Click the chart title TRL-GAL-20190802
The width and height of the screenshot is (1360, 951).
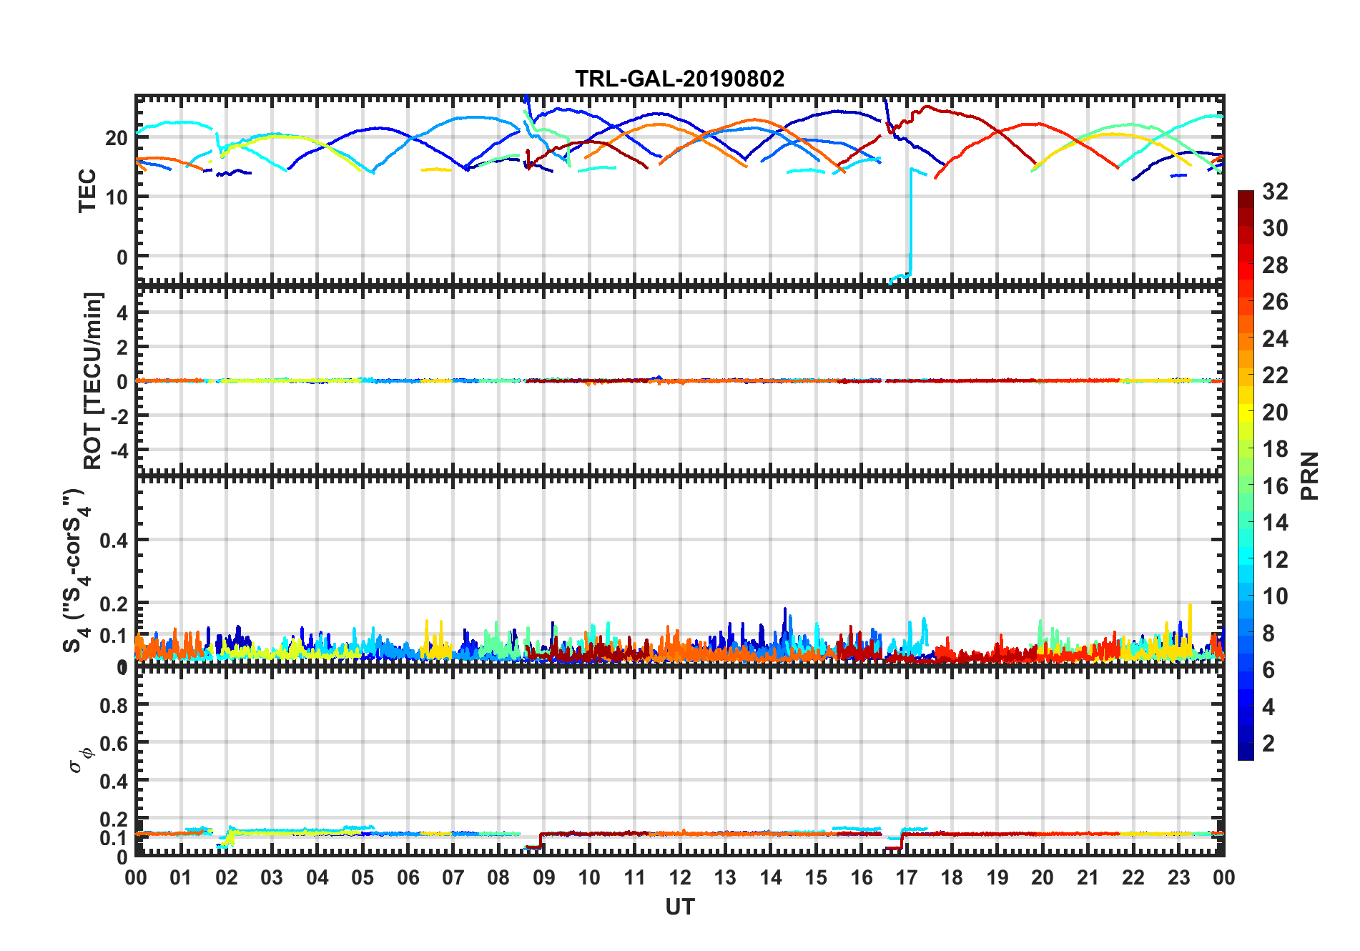pos(679,79)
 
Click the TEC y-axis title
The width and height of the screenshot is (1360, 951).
pos(87,191)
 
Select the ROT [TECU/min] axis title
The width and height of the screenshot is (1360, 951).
pos(93,380)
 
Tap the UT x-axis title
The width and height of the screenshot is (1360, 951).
pos(679,907)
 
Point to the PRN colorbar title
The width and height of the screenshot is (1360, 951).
pos(1310,476)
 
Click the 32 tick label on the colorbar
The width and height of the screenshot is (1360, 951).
pos(1275,192)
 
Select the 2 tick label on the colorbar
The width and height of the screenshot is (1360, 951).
pos(1268,744)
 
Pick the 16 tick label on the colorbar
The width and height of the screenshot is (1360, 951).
pos(1275,486)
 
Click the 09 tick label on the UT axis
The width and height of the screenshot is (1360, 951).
pos(543,878)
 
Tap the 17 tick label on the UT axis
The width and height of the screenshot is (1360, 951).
pos(906,878)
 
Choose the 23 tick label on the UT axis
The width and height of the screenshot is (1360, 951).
pos(1178,878)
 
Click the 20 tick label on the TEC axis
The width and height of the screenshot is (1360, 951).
pos(117,138)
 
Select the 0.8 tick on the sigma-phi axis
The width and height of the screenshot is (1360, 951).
pos(114,706)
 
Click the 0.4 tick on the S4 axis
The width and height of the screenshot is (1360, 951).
pos(114,541)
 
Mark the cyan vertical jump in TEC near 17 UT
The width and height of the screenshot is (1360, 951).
pos(910,222)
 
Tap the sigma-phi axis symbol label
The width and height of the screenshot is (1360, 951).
pos(80,759)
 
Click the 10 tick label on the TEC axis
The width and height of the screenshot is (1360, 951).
pos(117,197)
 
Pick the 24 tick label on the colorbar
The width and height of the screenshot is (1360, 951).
pos(1275,339)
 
